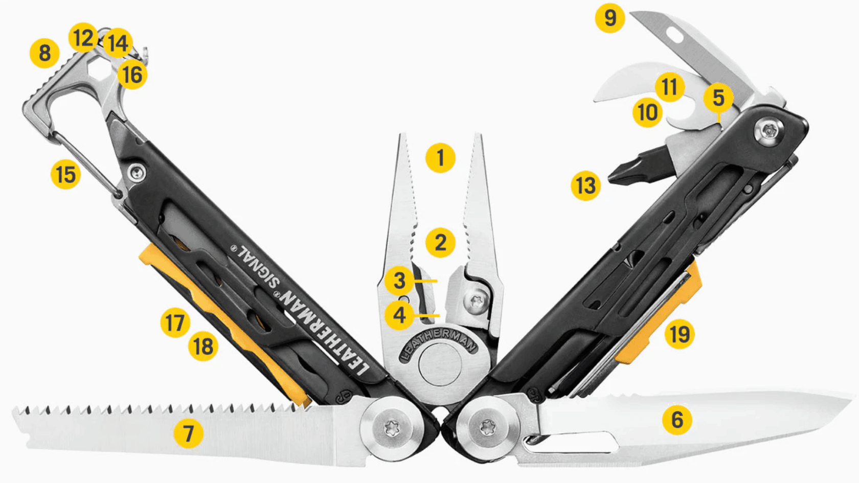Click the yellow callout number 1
click(x=440, y=158)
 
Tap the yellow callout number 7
click(x=188, y=433)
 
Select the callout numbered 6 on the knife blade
click(x=677, y=419)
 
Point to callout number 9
click(x=609, y=18)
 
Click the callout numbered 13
click(x=585, y=186)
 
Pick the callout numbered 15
click(x=65, y=175)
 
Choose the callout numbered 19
click(x=680, y=334)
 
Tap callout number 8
click(x=44, y=53)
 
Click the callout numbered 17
click(x=175, y=323)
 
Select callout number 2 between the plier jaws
click(x=440, y=242)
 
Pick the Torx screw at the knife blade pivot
click(x=488, y=426)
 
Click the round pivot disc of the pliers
click(x=440, y=364)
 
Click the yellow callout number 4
click(x=399, y=315)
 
